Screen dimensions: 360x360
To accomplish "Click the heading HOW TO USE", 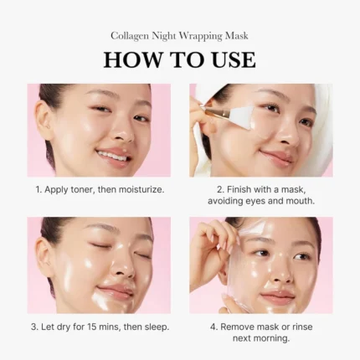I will pos(179,60).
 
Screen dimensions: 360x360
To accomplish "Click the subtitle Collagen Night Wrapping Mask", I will pos(179,36).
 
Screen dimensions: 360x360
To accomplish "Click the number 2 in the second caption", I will pos(219,190).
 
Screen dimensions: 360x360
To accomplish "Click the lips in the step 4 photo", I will pos(279,296).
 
